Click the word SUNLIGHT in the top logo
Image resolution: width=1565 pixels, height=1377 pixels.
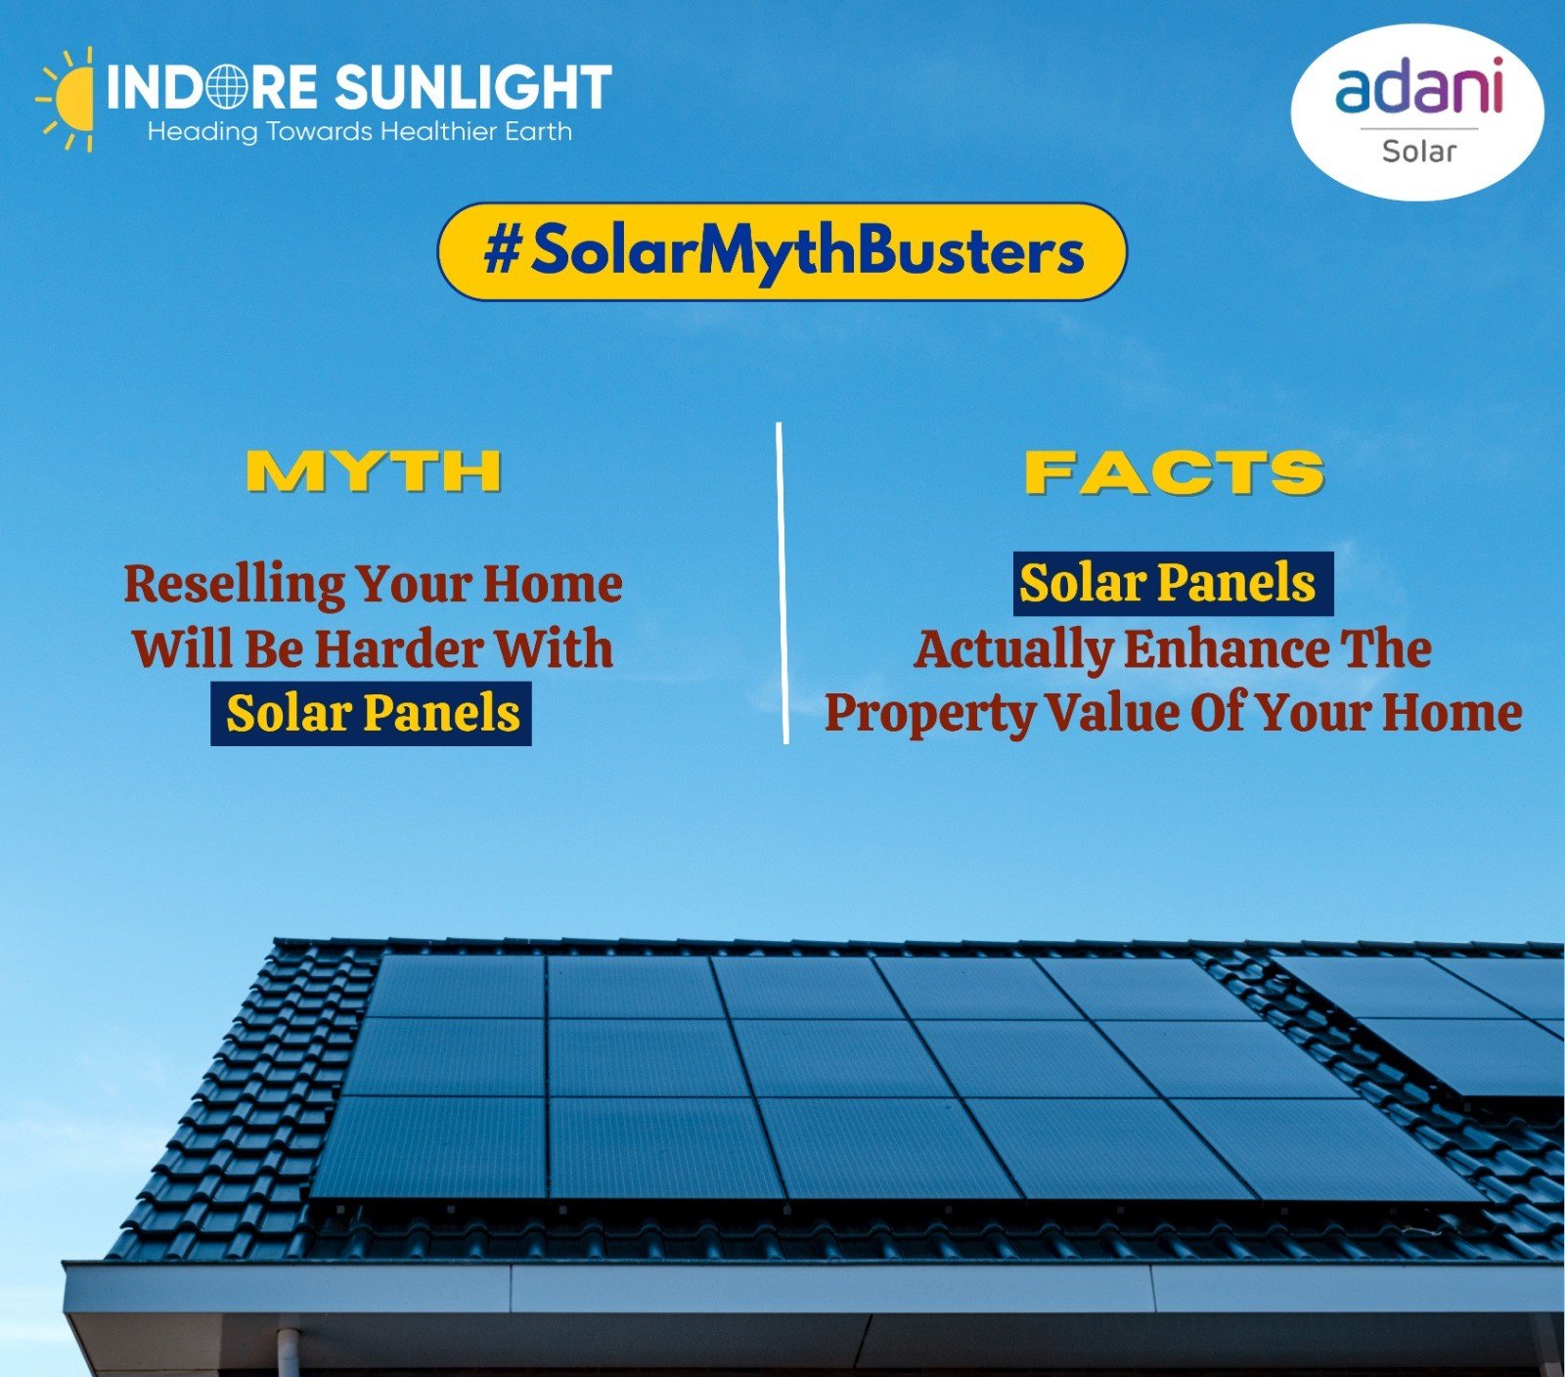[x=473, y=87]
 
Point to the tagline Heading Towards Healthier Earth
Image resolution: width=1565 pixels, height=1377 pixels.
[x=360, y=132]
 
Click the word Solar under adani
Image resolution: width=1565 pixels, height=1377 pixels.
[x=1419, y=152]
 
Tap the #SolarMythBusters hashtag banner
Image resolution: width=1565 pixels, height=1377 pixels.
[x=782, y=252]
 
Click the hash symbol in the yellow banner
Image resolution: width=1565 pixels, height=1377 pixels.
[x=502, y=252]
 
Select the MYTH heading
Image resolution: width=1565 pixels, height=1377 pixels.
[x=374, y=471]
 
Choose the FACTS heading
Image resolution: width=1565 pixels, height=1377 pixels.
[x=1175, y=472]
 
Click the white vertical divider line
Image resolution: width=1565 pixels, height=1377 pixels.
[x=782, y=583]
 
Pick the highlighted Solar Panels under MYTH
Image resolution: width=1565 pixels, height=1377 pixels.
[x=372, y=714]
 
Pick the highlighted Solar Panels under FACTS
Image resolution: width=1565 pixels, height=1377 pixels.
[x=1173, y=584]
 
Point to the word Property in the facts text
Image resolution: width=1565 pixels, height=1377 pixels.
[x=930, y=714]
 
